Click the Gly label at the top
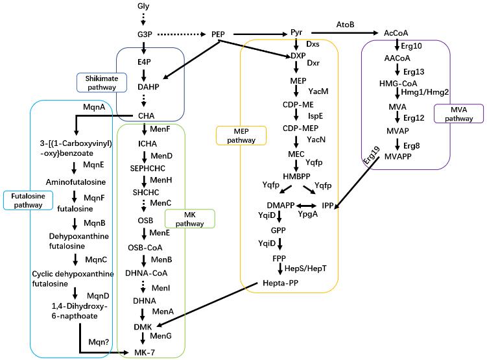[143, 6]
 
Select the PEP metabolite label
[218, 34]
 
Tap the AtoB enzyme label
[344, 24]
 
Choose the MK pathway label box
[189, 219]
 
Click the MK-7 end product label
[144, 352]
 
